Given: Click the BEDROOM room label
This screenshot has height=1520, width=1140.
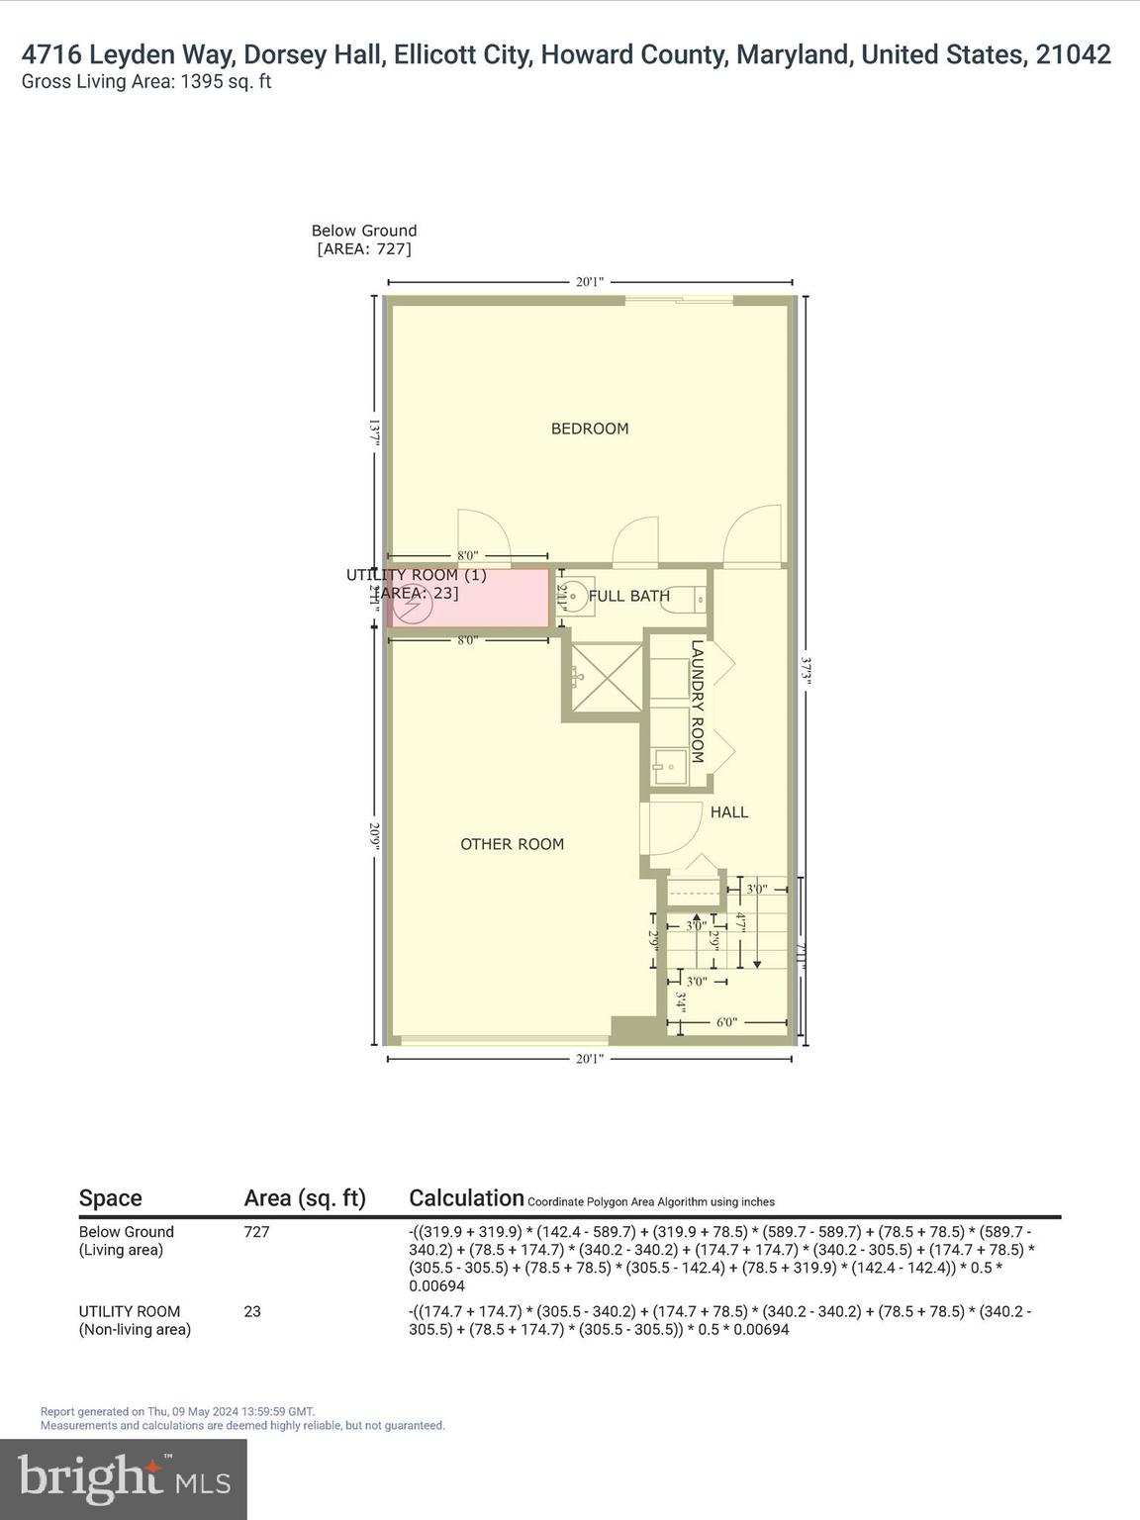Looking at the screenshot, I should click(590, 428).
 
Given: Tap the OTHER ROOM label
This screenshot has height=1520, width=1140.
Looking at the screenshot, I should click(512, 844).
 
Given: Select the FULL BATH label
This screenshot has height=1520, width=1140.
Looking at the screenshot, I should click(628, 596).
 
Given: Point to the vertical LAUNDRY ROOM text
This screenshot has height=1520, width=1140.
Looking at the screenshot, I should click(697, 702).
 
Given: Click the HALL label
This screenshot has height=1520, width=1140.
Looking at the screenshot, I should click(729, 812).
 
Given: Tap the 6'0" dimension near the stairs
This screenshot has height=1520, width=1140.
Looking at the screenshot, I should click(726, 1022).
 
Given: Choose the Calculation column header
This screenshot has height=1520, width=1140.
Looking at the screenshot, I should click(466, 1198).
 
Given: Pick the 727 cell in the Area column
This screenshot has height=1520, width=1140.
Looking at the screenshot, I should click(256, 1232).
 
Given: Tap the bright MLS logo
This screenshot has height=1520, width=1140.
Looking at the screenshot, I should click(124, 1478).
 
